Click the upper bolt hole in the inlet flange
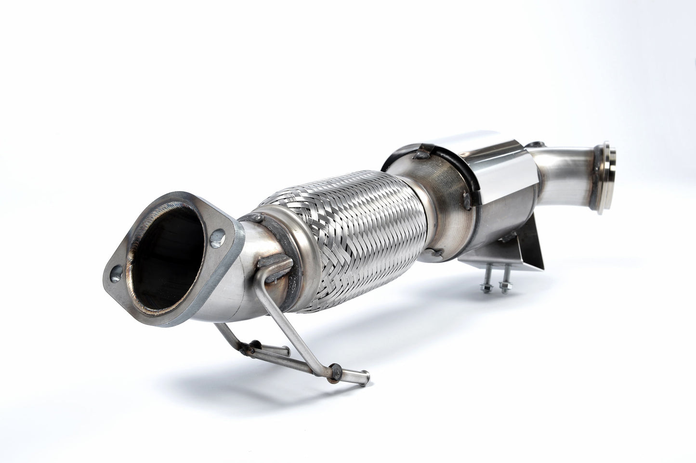pos(219,236)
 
